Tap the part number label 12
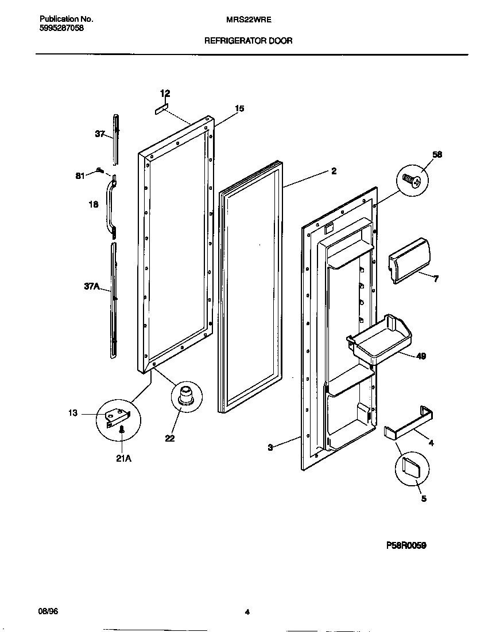(x=165, y=93)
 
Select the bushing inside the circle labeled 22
(x=186, y=396)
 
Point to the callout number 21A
(x=123, y=458)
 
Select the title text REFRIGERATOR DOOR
(x=249, y=41)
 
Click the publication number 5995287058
(x=62, y=28)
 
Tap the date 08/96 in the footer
(x=48, y=611)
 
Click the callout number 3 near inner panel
(x=270, y=447)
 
